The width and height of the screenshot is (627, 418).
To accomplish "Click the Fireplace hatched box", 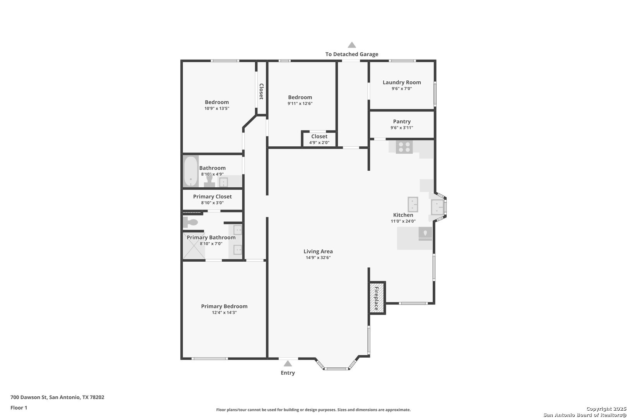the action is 377,298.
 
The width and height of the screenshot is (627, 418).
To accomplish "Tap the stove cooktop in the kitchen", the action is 404,147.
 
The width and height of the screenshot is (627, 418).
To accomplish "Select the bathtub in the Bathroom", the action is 191,171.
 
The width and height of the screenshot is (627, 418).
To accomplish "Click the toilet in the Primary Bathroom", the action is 190,222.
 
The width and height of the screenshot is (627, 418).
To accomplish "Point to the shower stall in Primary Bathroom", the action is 194,246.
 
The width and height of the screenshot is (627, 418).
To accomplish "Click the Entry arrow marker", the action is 288,363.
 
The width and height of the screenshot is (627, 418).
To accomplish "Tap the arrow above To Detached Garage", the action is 352,45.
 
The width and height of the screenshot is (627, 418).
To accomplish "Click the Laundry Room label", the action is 402,82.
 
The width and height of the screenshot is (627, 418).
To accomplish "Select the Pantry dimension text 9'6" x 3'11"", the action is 402,128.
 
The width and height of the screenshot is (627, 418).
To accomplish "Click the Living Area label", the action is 318,252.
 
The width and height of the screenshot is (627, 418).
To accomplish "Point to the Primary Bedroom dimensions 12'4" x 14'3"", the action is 224,312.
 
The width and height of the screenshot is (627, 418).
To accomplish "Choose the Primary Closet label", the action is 212,197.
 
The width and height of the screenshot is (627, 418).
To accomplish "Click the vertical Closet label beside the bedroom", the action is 261,91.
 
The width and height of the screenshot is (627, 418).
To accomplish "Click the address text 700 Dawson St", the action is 29,397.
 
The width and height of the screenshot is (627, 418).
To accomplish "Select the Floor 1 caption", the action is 19,408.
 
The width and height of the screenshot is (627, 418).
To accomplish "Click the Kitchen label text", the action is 403,215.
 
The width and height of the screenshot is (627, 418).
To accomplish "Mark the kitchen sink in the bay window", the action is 437,207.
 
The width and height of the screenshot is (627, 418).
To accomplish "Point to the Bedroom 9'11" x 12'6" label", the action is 300,100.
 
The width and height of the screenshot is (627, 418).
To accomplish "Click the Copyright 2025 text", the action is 606,409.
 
